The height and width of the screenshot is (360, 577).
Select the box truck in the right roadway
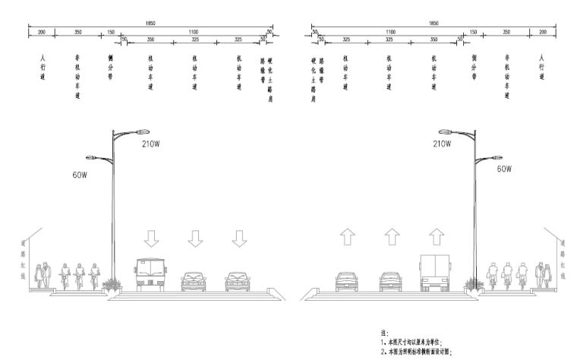click(436, 273)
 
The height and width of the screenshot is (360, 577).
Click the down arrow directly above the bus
click(151, 238)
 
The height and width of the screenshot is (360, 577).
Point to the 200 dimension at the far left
click(41, 31)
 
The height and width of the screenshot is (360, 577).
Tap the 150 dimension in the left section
click(111, 31)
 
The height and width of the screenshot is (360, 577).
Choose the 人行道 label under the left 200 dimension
click(42, 67)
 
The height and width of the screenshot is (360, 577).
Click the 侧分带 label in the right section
click(474, 67)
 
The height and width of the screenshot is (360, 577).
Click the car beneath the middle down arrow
click(194, 281)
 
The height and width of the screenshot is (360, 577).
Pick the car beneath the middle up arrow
click(390, 281)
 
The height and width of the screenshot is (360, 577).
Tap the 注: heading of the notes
click(384, 332)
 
